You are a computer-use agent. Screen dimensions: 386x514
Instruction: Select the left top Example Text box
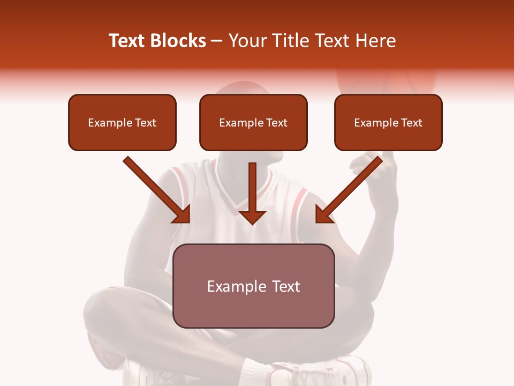click(x=122, y=123)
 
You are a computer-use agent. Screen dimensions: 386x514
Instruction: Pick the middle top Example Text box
click(x=253, y=123)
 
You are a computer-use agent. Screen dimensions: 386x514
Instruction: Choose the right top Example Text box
click(x=388, y=123)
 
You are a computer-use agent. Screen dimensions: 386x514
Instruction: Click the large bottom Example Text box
click(x=253, y=286)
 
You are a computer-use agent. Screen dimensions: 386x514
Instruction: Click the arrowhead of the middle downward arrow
click(x=252, y=217)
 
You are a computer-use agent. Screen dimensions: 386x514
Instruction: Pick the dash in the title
click(x=217, y=41)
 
